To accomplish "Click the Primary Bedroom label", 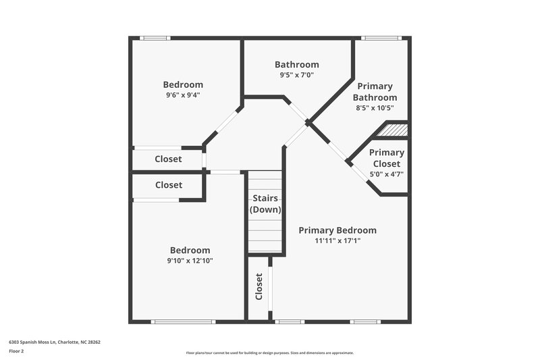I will [x=337, y=230].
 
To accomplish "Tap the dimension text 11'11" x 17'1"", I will [x=337, y=240].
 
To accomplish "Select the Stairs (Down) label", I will [x=265, y=204].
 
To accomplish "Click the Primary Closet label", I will [x=387, y=158].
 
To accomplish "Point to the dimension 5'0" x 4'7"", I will [x=387, y=174].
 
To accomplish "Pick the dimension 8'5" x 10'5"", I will [x=375, y=107].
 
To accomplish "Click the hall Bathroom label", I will [x=297, y=65].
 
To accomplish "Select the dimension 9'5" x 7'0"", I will [x=297, y=75].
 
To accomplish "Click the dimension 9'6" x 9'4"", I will [x=183, y=95].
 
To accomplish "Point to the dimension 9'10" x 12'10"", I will [x=190, y=261].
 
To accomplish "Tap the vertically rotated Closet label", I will [x=259, y=286].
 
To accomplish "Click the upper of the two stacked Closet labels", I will [x=168, y=160].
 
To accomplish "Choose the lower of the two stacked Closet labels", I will [x=168, y=185].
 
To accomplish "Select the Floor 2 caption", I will [x=17, y=351].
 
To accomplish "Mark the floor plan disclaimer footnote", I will [x=269, y=353].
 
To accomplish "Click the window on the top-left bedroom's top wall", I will [x=155, y=38].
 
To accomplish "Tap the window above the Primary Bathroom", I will [x=381, y=38].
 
